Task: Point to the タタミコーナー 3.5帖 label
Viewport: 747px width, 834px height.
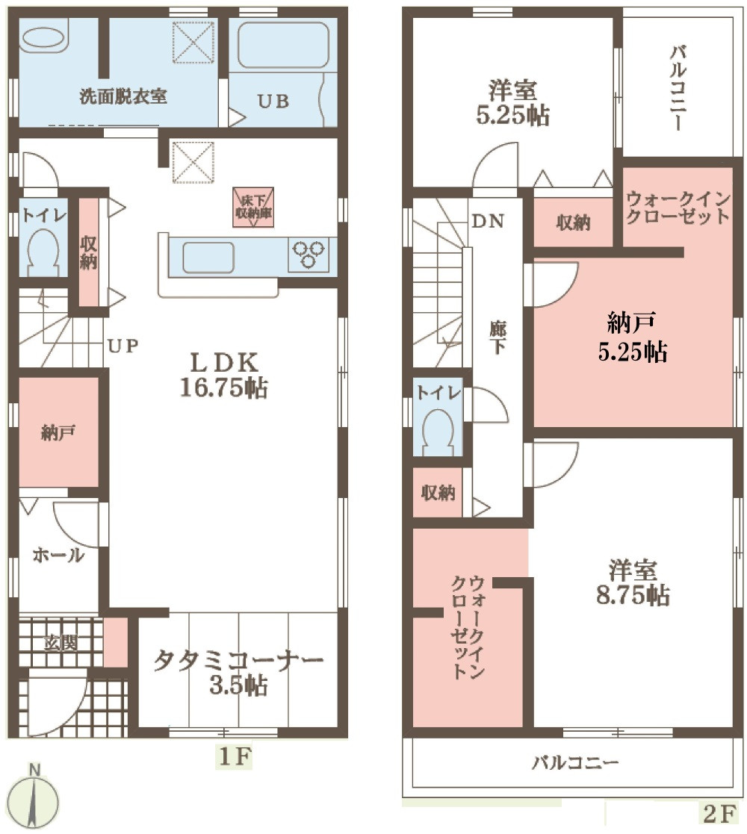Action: [x=238, y=673]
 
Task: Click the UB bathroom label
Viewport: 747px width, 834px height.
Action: [x=273, y=102]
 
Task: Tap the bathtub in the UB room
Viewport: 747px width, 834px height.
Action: [x=283, y=46]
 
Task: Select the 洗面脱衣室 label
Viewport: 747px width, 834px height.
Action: [x=123, y=96]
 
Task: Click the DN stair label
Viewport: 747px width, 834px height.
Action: [x=488, y=221]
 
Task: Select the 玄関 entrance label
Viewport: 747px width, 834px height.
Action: [x=60, y=643]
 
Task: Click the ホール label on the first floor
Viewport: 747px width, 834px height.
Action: [x=58, y=555]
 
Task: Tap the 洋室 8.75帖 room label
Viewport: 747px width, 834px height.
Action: [x=633, y=583]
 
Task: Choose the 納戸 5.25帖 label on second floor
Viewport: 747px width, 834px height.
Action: [x=632, y=337]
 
